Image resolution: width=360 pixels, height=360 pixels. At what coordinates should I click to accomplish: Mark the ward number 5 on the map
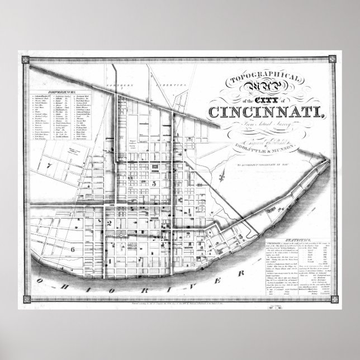coord(152,183)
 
